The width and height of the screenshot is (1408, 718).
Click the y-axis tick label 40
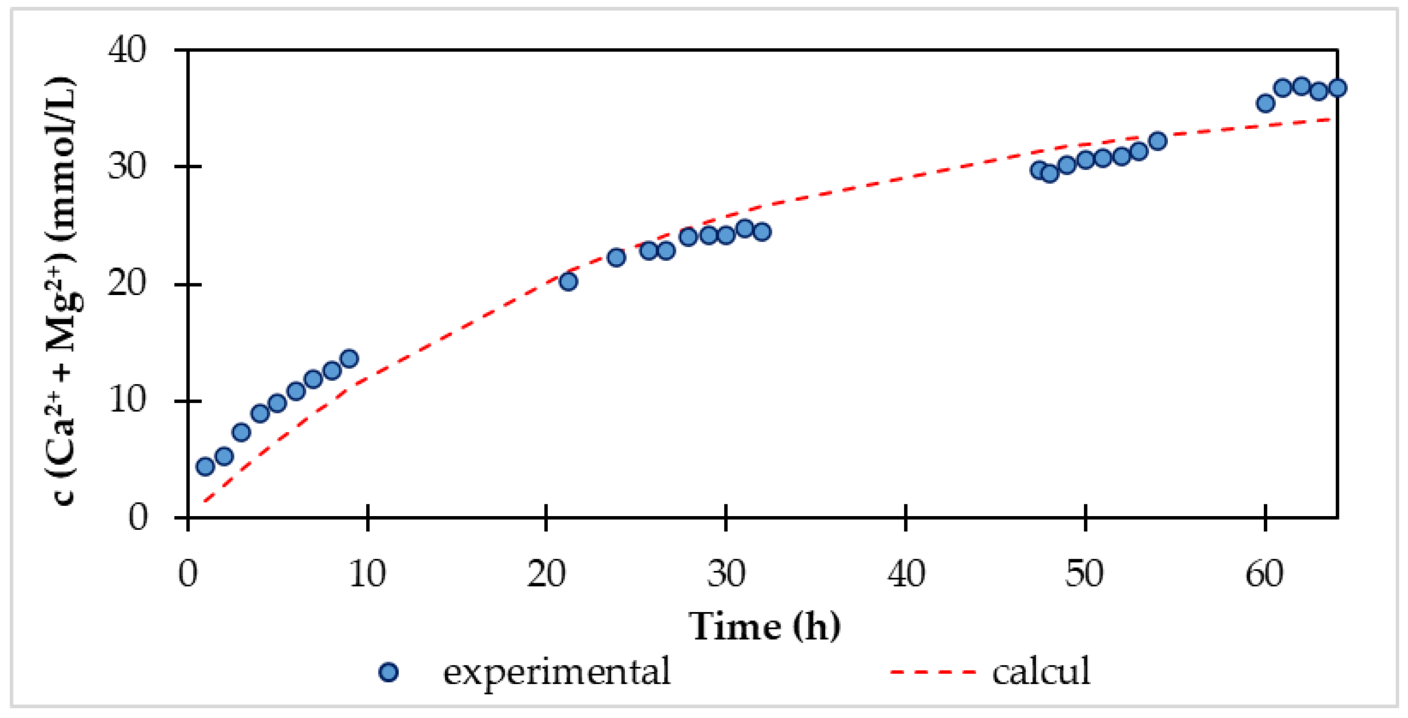127,50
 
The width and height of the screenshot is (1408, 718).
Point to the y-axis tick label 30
127,167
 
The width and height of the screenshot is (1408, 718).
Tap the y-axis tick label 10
127,400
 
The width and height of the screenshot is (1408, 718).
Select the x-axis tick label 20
546,574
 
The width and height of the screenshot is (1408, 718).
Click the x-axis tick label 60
1264,574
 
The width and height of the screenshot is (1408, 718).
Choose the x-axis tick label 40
906,574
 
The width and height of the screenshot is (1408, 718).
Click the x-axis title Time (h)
764,626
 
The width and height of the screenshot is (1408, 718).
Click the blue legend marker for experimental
389,672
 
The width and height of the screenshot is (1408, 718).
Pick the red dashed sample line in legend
933,672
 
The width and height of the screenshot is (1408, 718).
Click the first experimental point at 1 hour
205,467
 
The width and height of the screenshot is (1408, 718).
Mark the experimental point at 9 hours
349,359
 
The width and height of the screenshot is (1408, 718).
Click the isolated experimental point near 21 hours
568,282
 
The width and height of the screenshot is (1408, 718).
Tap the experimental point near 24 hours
617,257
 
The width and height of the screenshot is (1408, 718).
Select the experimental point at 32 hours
762,232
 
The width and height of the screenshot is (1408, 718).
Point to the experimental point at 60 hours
1265,103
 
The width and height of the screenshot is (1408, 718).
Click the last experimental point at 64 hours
1337,88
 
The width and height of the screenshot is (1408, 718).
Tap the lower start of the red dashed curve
204,501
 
